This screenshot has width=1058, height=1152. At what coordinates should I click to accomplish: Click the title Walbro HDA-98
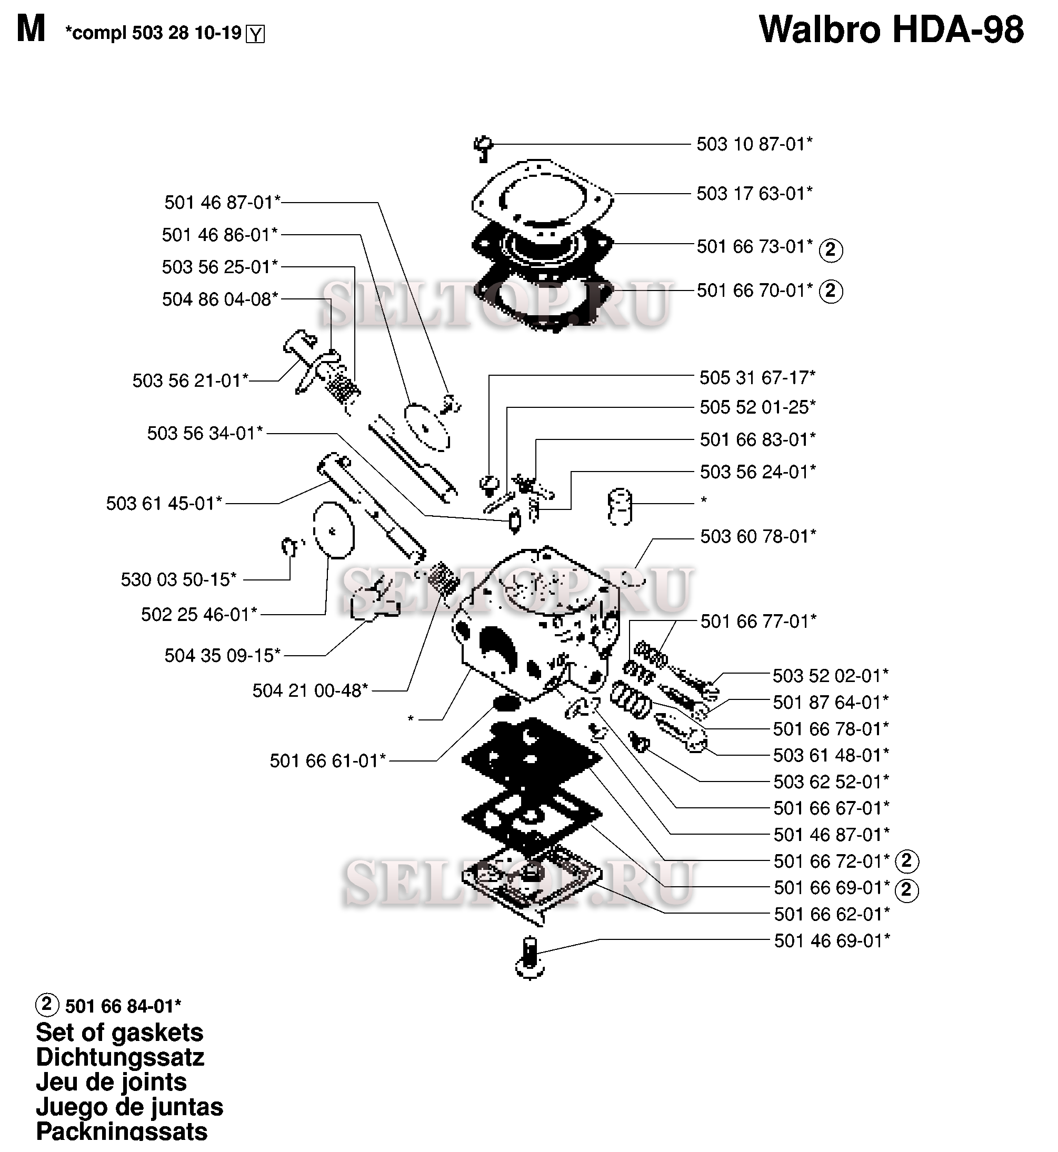(x=891, y=30)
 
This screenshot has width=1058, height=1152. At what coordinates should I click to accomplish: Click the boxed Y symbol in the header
(x=255, y=35)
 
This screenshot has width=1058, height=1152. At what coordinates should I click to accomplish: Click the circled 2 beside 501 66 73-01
(x=831, y=250)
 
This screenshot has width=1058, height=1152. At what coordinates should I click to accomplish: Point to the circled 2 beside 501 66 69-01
(x=907, y=890)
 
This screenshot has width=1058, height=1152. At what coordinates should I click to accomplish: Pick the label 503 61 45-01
(x=164, y=504)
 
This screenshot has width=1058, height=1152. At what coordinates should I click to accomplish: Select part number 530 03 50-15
(x=178, y=580)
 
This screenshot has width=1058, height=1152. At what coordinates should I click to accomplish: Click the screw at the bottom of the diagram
(x=530, y=958)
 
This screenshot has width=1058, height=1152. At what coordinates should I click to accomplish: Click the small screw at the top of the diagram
(x=483, y=148)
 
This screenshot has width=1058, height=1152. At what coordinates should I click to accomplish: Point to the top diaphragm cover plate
(x=542, y=196)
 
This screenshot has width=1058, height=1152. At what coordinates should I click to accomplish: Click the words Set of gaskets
(x=119, y=1033)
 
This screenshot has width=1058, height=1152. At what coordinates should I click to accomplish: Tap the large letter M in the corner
(x=31, y=29)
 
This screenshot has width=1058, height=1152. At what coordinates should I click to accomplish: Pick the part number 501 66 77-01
(x=758, y=622)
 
